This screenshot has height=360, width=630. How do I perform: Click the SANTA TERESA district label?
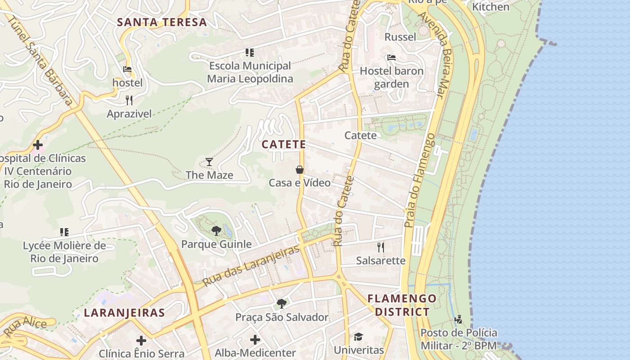(x=162, y=22)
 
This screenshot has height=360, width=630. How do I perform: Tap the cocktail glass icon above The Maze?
(x=209, y=162)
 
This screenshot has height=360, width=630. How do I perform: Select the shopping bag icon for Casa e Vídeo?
(x=300, y=170)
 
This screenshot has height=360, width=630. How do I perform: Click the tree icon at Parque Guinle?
(x=216, y=231)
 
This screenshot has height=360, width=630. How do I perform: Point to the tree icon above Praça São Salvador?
(x=282, y=304)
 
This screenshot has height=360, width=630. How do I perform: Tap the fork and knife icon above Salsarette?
(x=381, y=247)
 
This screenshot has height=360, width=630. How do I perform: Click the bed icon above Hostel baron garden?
(x=391, y=58)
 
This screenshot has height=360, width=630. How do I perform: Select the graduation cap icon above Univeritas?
(x=358, y=337)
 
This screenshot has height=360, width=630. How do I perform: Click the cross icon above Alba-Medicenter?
(x=255, y=339)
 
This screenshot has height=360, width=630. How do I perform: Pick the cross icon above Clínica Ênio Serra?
(x=141, y=340)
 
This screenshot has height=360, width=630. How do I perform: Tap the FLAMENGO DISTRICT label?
(x=402, y=305)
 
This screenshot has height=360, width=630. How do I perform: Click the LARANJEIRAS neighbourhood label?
(x=124, y=313)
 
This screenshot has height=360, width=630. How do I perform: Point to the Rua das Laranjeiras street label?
(x=251, y=266)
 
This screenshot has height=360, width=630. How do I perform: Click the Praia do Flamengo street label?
(x=419, y=180)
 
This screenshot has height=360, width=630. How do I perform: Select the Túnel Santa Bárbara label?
(x=41, y=61)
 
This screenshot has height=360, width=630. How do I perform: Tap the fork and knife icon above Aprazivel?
(x=129, y=100)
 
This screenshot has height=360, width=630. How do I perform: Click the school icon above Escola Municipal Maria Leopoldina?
(x=250, y=53)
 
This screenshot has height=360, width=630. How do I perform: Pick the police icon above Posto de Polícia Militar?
(x=459, y=319)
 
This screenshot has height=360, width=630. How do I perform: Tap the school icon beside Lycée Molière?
(x=64, y=232)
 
